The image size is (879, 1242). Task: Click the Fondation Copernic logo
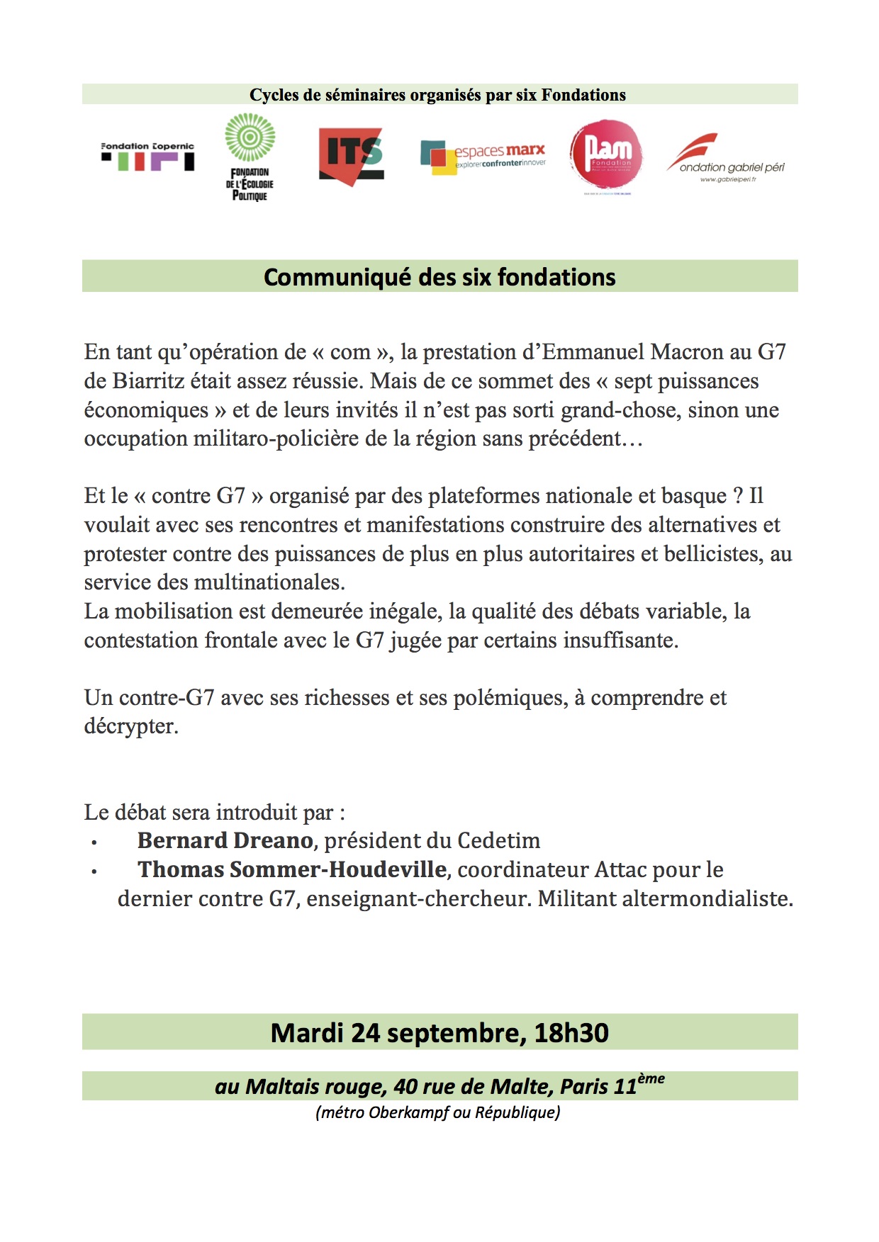pos(147,157)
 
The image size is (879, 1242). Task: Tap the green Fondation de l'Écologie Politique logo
pos(250,157)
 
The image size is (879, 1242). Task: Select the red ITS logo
pos(352,157)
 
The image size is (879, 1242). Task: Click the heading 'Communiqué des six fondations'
pos(439,277)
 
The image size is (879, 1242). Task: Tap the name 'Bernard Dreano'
pos(225,841)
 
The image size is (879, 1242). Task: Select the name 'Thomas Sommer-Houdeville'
pos(292,870)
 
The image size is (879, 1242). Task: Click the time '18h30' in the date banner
pos(571,1033)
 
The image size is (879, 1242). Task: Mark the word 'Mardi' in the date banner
pos(308,1033)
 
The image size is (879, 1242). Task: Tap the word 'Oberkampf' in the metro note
pos(409,1112)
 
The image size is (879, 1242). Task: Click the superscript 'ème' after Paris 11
pos(651,1078)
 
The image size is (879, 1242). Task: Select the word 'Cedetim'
pos(498,841)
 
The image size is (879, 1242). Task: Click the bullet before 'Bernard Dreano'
pos(94,842)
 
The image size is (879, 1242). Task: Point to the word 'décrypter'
pos(130,726)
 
